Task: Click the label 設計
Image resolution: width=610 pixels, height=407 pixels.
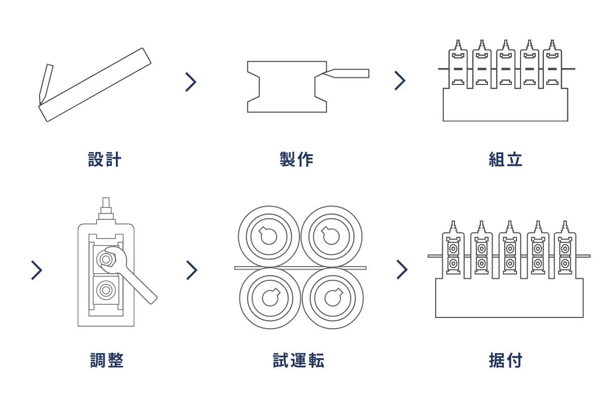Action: (105, 159)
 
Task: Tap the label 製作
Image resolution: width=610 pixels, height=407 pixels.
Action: (296, 159)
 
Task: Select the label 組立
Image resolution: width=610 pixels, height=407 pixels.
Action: (505, 159)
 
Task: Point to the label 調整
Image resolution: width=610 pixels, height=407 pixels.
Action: (107, 360)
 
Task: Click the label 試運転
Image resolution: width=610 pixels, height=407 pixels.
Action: (298, 360)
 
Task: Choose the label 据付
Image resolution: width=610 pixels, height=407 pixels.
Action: (505, 360)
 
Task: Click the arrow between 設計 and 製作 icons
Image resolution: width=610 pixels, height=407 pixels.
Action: (191, 82)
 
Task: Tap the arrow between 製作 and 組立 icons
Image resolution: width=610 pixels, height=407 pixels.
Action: (400, 80)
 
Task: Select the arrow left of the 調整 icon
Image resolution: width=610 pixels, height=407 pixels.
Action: (36, 270)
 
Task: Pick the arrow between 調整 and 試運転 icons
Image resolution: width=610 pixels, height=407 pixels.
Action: (191, 270)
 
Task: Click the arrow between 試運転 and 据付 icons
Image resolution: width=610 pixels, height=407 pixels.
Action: (402, 270)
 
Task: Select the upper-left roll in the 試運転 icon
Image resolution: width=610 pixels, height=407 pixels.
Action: (268, 236)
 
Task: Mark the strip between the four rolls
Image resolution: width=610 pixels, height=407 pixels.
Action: (300, 268)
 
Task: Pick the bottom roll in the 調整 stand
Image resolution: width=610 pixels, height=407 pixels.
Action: (106, 290)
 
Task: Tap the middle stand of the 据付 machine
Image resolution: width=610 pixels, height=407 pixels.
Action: (509, 254)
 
